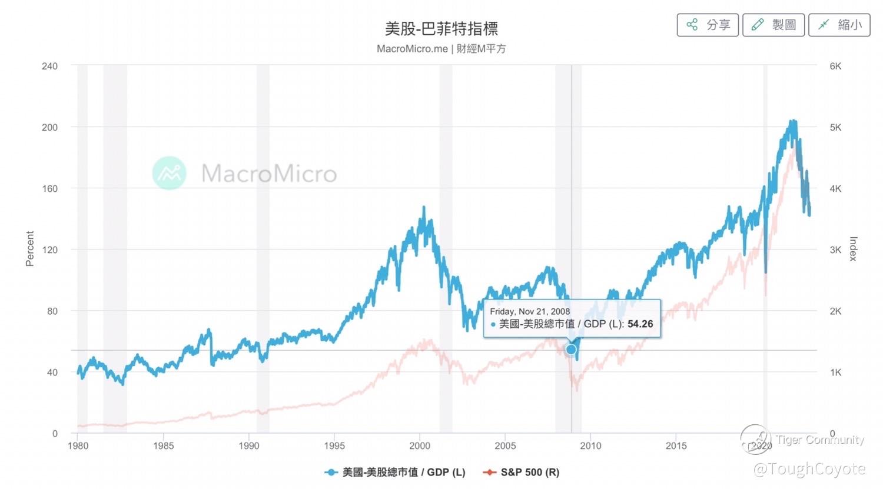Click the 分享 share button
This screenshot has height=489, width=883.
(708, 25)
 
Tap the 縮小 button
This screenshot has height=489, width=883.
(839, 25)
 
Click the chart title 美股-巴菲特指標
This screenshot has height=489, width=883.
(441, 28)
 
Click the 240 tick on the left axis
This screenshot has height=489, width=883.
(50, 66)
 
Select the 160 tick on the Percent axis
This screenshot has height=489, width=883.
(50, 188)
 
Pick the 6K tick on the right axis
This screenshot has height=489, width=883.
(835, 66)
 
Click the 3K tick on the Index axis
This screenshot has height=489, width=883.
(835, 250)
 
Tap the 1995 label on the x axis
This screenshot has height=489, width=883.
(334, 445)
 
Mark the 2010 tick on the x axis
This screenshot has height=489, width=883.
(590, 445)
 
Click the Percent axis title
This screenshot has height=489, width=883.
(30, 248)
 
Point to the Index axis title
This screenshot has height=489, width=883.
(853, 248)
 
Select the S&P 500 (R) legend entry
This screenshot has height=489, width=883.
(522, 472)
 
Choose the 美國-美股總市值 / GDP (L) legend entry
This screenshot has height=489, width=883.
(396, 472)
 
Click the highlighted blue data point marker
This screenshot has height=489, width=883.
(571, 350)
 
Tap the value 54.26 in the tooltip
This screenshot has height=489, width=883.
(640, 324)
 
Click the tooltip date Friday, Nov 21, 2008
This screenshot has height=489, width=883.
(530, 311)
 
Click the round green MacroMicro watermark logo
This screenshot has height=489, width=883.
(170, 173)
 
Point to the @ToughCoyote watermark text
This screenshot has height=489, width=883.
(809, 469)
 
